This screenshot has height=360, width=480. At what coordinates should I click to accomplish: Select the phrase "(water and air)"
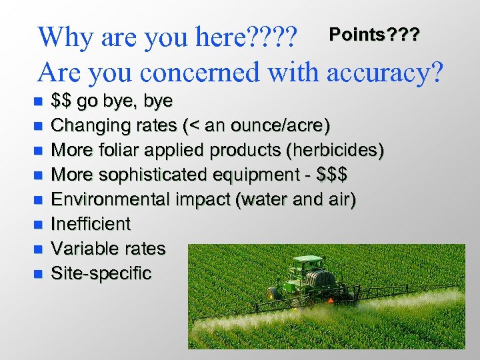296,199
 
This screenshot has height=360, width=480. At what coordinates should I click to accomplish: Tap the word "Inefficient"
91,224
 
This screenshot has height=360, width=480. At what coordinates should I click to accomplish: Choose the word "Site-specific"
101,273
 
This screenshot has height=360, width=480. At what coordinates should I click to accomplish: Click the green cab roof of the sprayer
307,258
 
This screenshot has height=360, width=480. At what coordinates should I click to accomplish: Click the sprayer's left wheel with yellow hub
273,294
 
